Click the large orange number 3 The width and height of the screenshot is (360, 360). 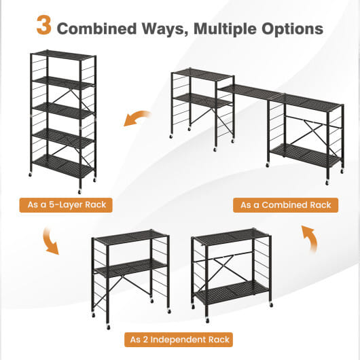click(44, 25)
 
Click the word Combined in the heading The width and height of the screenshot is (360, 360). click(96, 29)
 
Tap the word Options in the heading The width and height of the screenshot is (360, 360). click(292, 29)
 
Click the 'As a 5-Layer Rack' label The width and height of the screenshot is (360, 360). click(66, 205)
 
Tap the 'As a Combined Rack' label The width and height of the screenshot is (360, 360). click(285, 205)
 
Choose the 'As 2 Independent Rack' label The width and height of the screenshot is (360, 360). click(179, 340)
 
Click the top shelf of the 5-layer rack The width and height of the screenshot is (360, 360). click(63, 55)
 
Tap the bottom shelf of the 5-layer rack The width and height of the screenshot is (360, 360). click(63, 166)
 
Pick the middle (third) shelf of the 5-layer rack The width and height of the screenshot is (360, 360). click(63, 111)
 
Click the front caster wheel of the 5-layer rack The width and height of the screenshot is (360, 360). click(79, 192)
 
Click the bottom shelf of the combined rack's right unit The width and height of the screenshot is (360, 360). click(305, 154)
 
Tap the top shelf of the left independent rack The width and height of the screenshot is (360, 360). click(130, 236)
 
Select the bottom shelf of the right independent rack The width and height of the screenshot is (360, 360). click(231, 293)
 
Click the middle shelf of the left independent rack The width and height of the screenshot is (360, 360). click(130, 268)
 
